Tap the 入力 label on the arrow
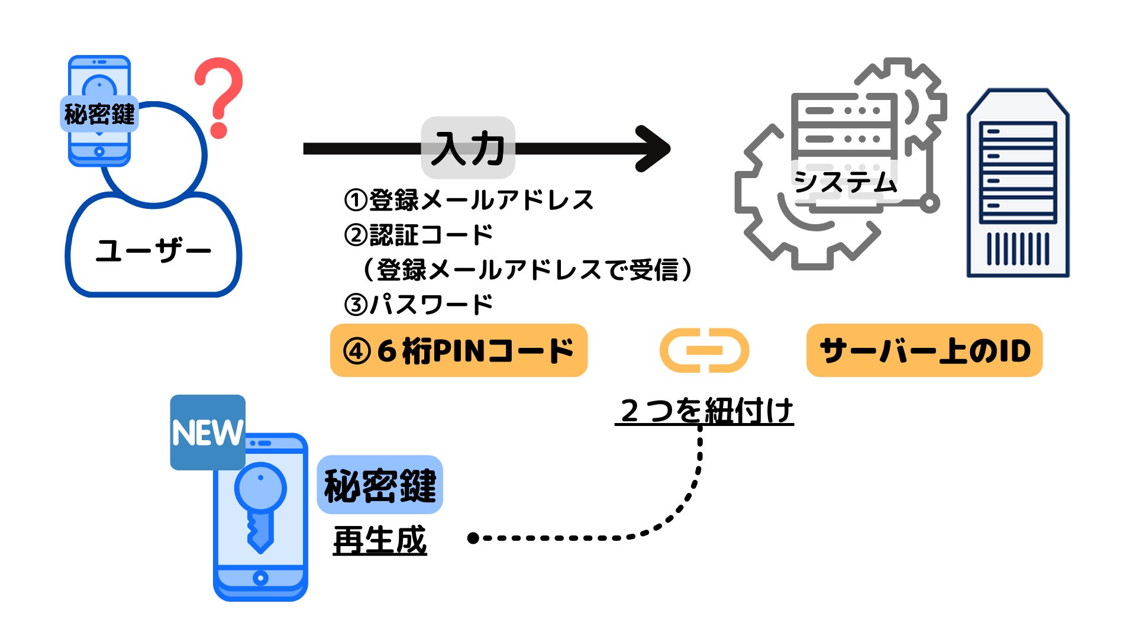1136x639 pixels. (x=467, y=148)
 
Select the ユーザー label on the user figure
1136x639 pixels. (x=153, y=251)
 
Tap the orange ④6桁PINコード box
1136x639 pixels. (x=459, y=350)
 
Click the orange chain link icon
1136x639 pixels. (x=704, y=350)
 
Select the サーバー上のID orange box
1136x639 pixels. (x=924, y=350)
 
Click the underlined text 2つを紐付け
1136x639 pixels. (x=704, y=411)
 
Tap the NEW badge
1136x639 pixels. (x=208, y=433)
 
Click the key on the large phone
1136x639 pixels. (x=260, y=503)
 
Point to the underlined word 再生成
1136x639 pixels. (x=380, y=540)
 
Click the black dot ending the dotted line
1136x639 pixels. (x=473, y=538)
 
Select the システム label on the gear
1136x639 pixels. (x=845, y=181)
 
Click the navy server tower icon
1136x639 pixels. (x=1018, y=183)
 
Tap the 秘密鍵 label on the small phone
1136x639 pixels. (x=99, y=114)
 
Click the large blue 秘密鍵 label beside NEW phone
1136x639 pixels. (x=380, y=485)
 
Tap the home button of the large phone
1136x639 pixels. (x=260, y=577)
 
